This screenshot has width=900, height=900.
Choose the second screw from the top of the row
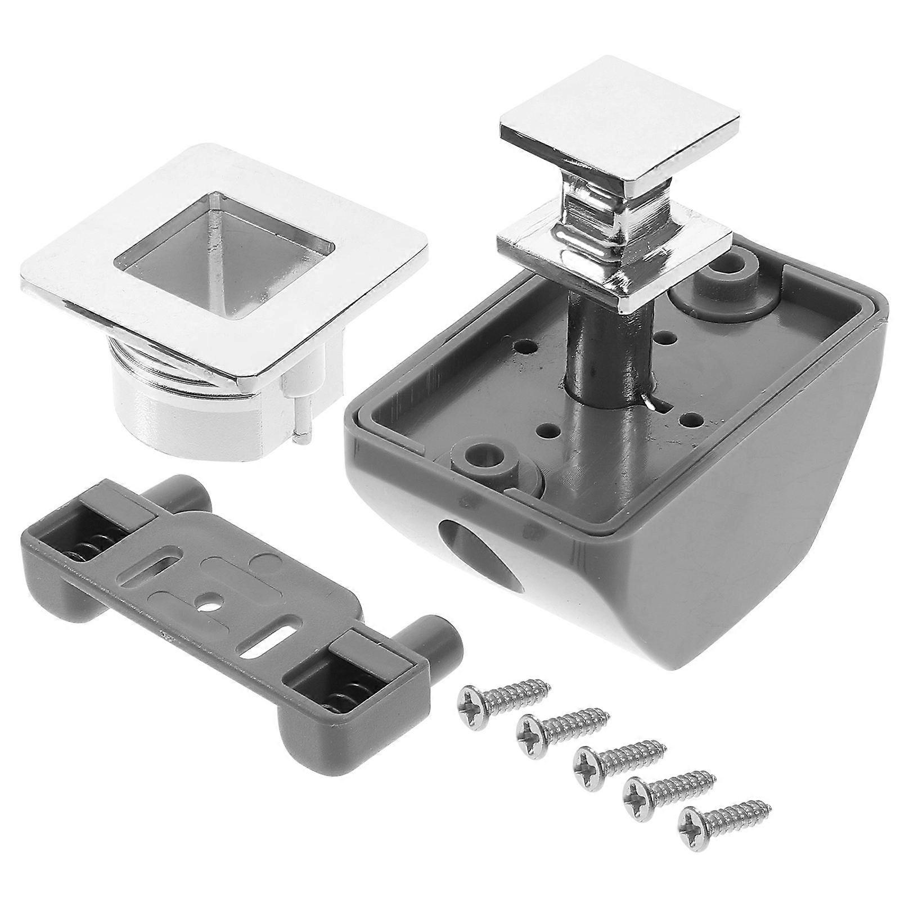[x=560, y=726]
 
